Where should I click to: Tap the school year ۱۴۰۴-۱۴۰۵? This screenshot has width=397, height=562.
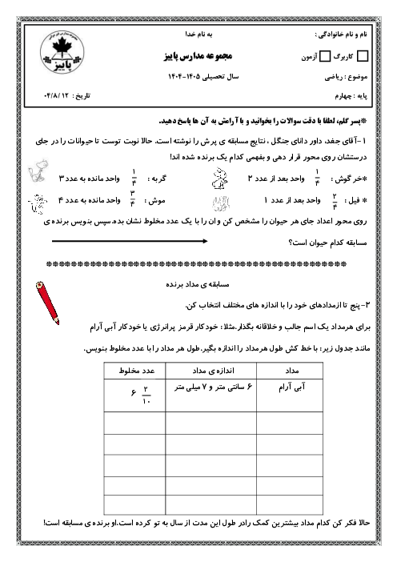pyautogui.click(x=196, y=76)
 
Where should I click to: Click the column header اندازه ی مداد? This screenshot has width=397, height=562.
pyautogui.click(x=207, y=371)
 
